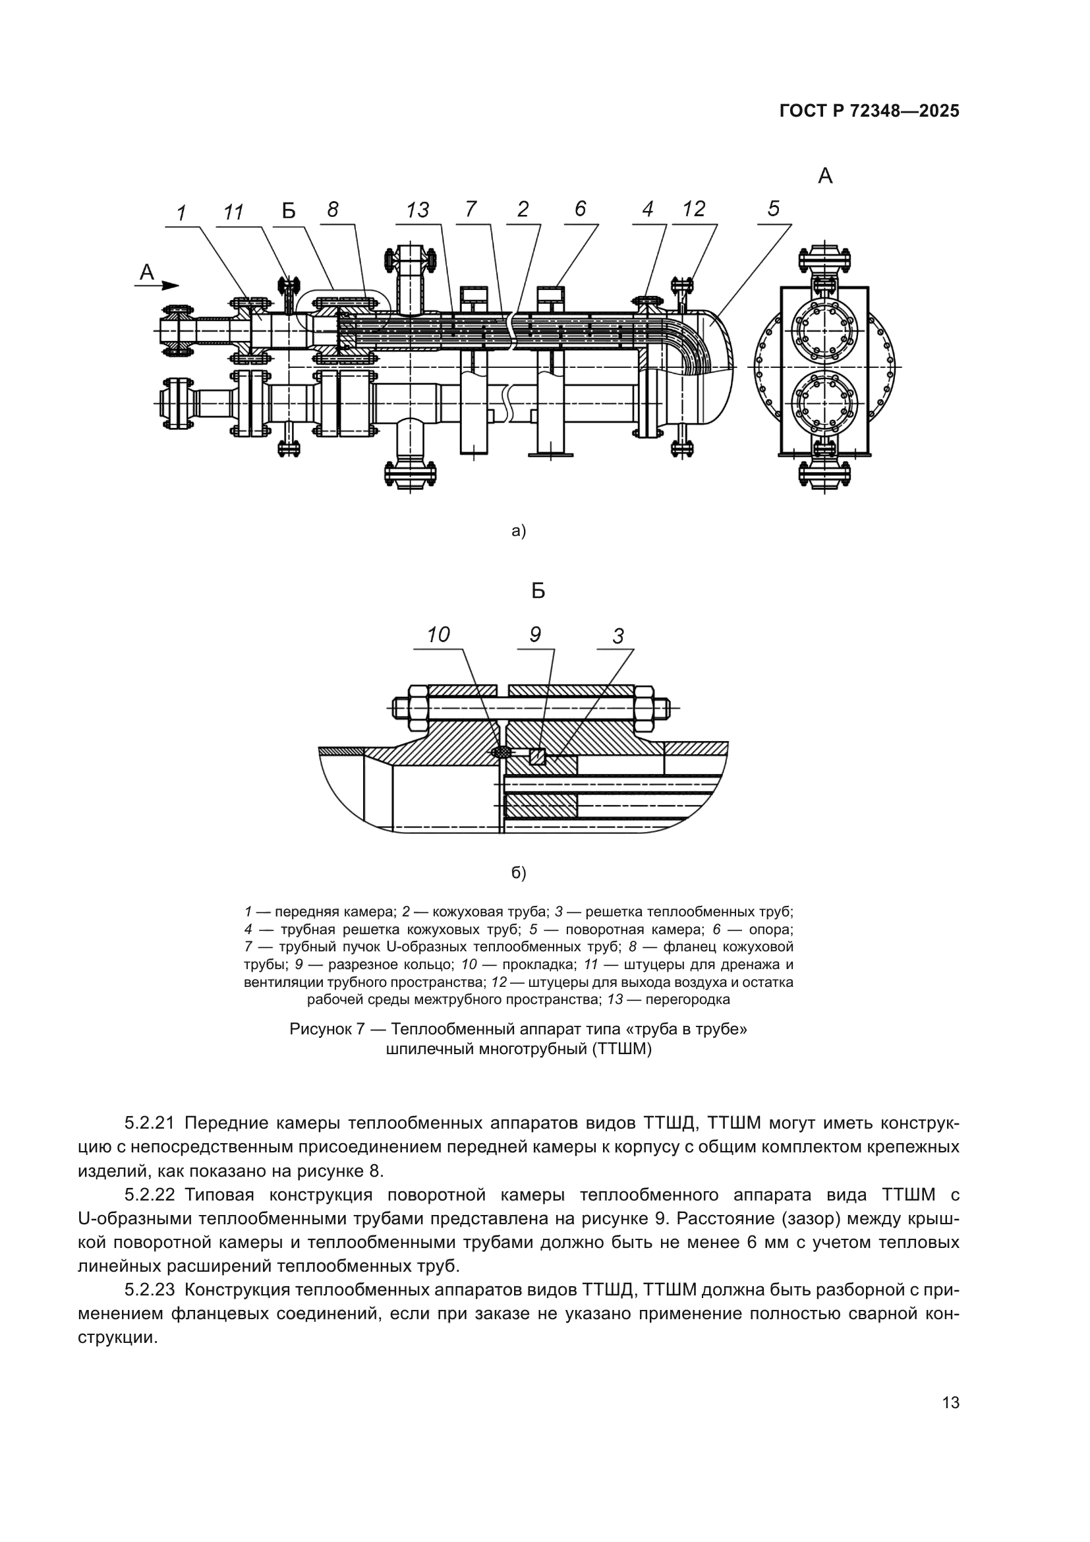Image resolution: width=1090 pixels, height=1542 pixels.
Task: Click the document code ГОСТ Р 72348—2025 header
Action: (x=869, y=111)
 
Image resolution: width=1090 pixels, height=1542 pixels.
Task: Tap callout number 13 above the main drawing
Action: (x=416, y=210)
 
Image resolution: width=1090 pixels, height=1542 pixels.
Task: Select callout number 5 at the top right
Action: (x=773, y=208)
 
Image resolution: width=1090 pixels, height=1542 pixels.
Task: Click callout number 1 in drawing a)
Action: (x=181, y=214)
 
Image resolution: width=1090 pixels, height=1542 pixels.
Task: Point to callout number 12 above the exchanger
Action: (x=693, y=209)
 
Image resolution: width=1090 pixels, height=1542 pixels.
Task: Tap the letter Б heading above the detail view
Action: (x=538, y=591)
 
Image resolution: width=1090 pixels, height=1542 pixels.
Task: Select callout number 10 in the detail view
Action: (x=438, y=635)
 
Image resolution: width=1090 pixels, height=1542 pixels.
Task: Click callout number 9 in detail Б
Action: (x=535, y=634)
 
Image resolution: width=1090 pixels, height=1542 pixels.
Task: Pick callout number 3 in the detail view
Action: (x=618, y=636)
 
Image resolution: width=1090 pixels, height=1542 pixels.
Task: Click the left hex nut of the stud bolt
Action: (x=416, y=708)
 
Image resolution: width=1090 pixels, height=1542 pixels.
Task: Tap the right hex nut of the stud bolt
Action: (x=644, y=708)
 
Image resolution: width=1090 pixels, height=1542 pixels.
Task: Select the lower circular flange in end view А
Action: (x=824, y=403)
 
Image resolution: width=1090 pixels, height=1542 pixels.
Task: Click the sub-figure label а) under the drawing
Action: (x=519, y=531)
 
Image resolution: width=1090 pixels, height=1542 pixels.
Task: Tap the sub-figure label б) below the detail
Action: (x=519, y=872)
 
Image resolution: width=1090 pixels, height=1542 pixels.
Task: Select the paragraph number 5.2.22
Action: (x=150, y=1195)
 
